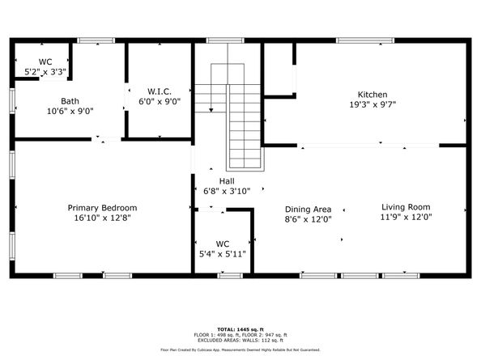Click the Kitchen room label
tap(372, 94)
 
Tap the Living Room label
tap(407, 206)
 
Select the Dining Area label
tap(308, 208)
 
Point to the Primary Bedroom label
tap(101, 208)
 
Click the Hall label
tap(228, 180)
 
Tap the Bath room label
tap(70, 101)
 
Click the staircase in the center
tap(243, 121)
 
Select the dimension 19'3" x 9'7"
tap(372, 104)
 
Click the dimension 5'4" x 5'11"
tap(222, 253)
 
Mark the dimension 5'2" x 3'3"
tap(45, 72)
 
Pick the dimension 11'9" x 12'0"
tap(407, 217)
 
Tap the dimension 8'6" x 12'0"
tap(308, 218)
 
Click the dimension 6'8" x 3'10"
tap(228, 191)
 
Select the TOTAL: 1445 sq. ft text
tap(240, 329)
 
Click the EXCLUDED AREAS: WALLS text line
tap(240, 340)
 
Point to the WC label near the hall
tap(222, 243)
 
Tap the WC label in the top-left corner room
tap(45, 61)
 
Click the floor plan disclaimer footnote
tap(240, 349)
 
